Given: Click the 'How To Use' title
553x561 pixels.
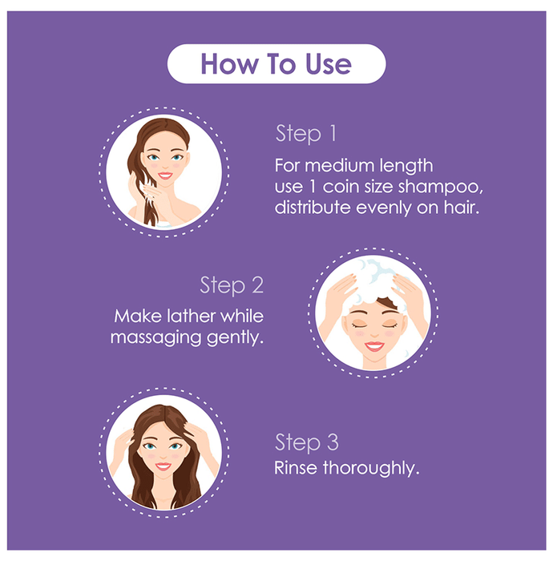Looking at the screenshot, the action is point(276,64).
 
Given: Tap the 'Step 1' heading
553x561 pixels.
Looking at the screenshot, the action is point(306,134).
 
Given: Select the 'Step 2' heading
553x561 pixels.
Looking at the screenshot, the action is point(232,285).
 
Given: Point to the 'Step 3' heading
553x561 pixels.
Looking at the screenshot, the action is point(306,442).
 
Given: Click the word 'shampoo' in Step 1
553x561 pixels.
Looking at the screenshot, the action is point(440,187).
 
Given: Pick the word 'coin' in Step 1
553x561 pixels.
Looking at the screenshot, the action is point(341,187).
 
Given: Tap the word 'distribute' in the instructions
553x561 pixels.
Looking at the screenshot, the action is point(313,207).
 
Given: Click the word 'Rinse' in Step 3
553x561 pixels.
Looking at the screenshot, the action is point(296,467).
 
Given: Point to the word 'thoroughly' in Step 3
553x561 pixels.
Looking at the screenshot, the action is point(370,469).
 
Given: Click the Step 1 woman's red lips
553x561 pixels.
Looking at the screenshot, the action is point(165,176).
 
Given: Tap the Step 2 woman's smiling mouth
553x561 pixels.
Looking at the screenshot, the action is point(374,346).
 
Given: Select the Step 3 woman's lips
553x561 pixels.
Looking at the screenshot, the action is point(163,466).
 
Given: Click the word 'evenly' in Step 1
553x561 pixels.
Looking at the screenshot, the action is point(383,208).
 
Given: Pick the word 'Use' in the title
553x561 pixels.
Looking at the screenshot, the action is point(329,64).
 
